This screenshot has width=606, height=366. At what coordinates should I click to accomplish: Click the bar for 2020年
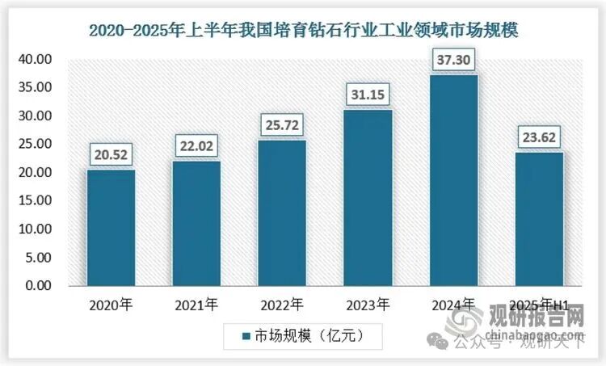(111, 228)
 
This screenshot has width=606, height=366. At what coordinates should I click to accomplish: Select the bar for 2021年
(196, 224)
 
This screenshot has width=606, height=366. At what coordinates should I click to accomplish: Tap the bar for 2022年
(282, 213)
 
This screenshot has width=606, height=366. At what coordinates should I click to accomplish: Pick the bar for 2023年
(368, 198)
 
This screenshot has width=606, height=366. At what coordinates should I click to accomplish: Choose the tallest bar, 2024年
(453, 180)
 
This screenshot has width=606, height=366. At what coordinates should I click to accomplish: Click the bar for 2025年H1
(539, 219)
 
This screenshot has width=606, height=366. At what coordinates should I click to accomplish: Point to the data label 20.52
(111, 154)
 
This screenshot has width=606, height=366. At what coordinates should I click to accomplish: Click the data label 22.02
(196, 146)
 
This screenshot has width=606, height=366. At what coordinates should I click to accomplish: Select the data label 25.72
(282, 126)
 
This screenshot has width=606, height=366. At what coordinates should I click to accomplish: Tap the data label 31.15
(368, 95)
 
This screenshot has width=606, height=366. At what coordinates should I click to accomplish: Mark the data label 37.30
(453, 60)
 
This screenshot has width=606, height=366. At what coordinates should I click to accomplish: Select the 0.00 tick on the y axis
(38, 286)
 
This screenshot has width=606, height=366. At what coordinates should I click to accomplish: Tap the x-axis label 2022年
(282, 305)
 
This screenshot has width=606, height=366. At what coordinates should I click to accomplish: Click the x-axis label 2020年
(111, 305)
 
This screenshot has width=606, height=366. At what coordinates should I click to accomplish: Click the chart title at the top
(303, 31)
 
